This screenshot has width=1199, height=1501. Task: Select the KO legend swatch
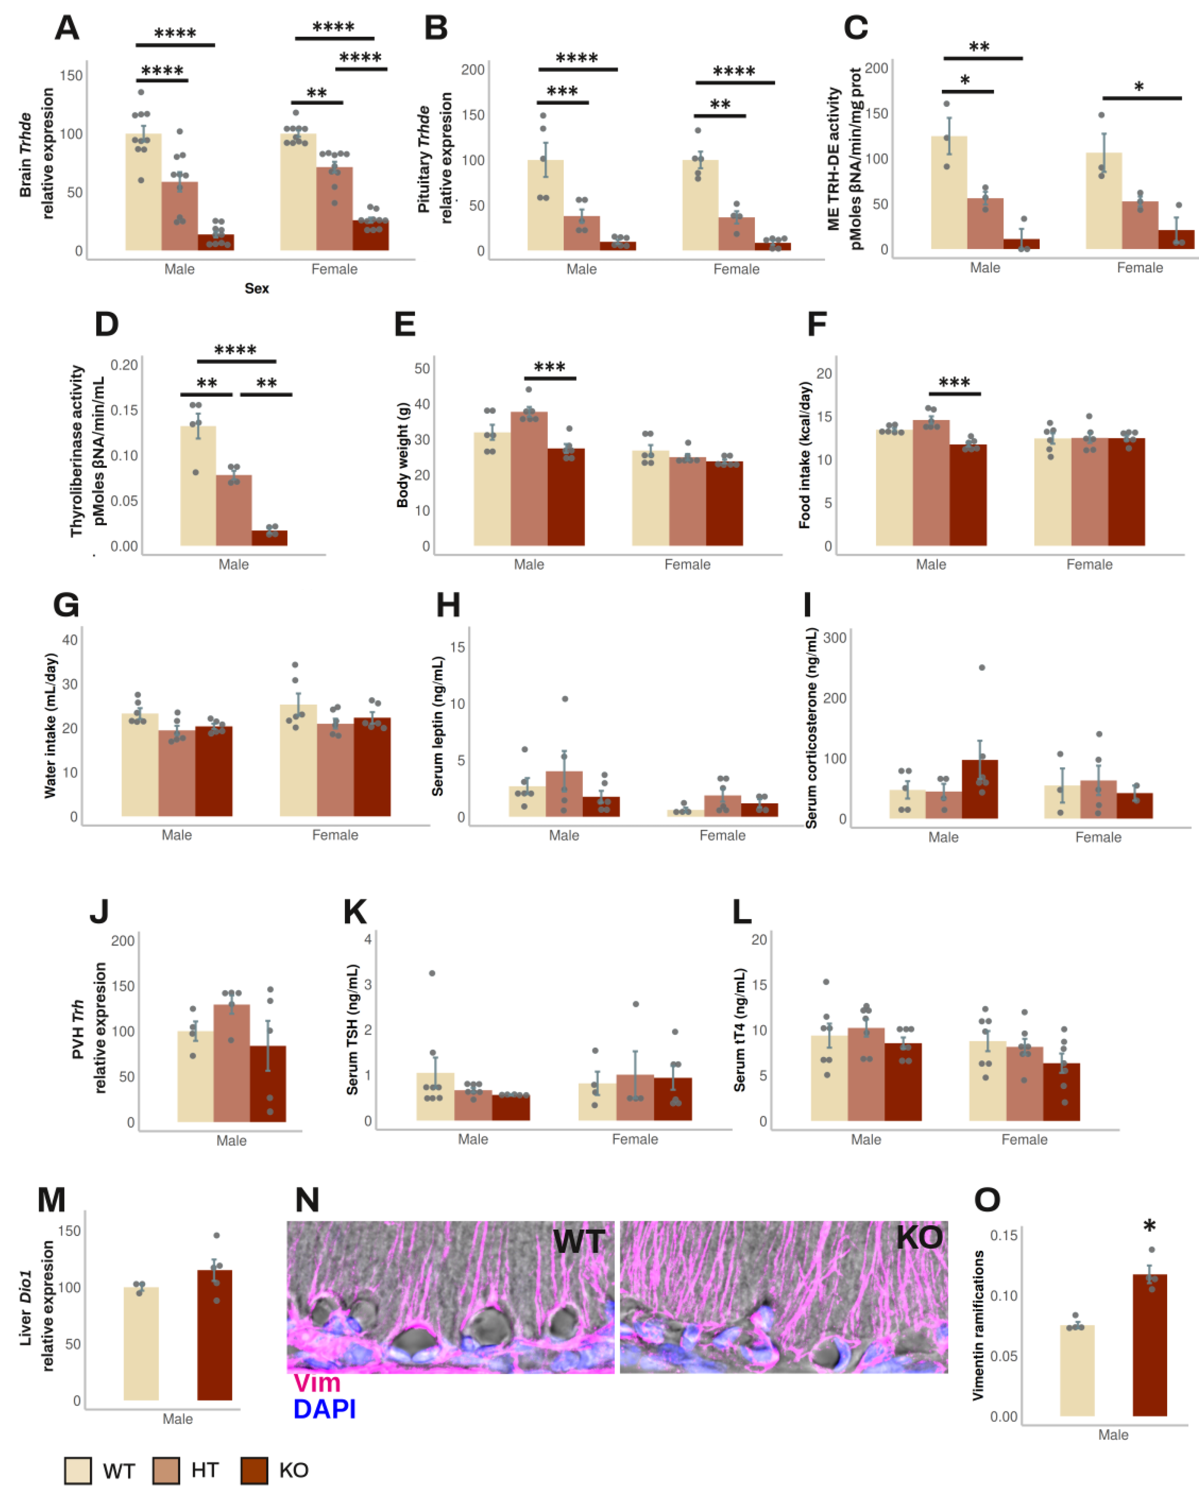tap(254, 1470)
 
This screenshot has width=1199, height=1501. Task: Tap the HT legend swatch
tap(166, 1470)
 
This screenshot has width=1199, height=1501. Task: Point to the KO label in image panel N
tap(918, 1237)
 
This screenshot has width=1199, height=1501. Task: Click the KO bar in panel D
tap(269, 538)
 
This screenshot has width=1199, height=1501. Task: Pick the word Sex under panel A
tap(256, 288)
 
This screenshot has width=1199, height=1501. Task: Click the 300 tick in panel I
tap(835, 638)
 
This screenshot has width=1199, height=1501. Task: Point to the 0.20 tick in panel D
tap(124, 365)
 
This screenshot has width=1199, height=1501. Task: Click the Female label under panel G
tap(335, 835)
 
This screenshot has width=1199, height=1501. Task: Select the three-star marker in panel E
tap(549, 367)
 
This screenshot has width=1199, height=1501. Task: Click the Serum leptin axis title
tap(437, 726)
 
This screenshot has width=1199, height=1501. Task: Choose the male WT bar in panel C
tap(948, 193)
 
